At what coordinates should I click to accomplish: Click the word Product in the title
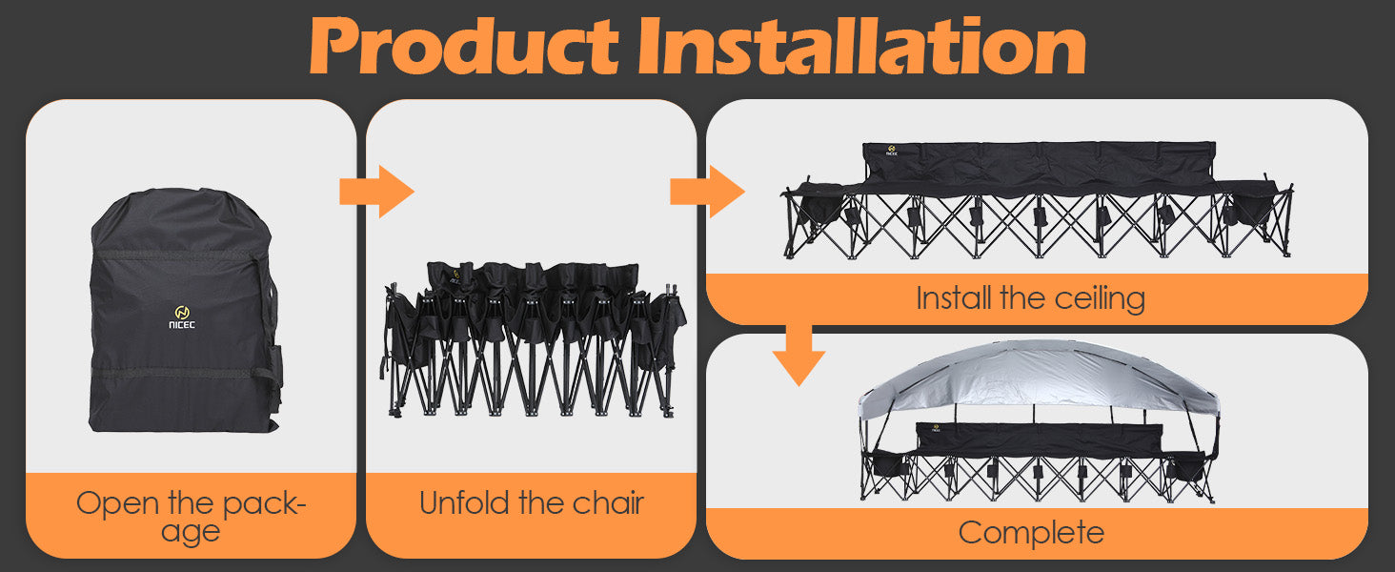pos(464,46)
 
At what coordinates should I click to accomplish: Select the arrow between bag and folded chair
pos(376,192)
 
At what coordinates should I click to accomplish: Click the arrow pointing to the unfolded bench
pos(707,192)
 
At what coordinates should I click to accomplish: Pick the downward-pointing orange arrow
pos(799,356)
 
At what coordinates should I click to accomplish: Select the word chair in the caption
pos(609,502)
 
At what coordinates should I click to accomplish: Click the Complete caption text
pos(1031,533)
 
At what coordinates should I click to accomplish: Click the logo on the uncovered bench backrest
pos(893,151)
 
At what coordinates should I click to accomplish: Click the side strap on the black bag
pos(269,324)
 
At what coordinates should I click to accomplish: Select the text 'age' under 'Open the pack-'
pos(191,533)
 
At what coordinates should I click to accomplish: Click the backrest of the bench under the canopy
pos(1039,439)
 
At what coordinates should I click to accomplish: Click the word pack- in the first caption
pos(265,504)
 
